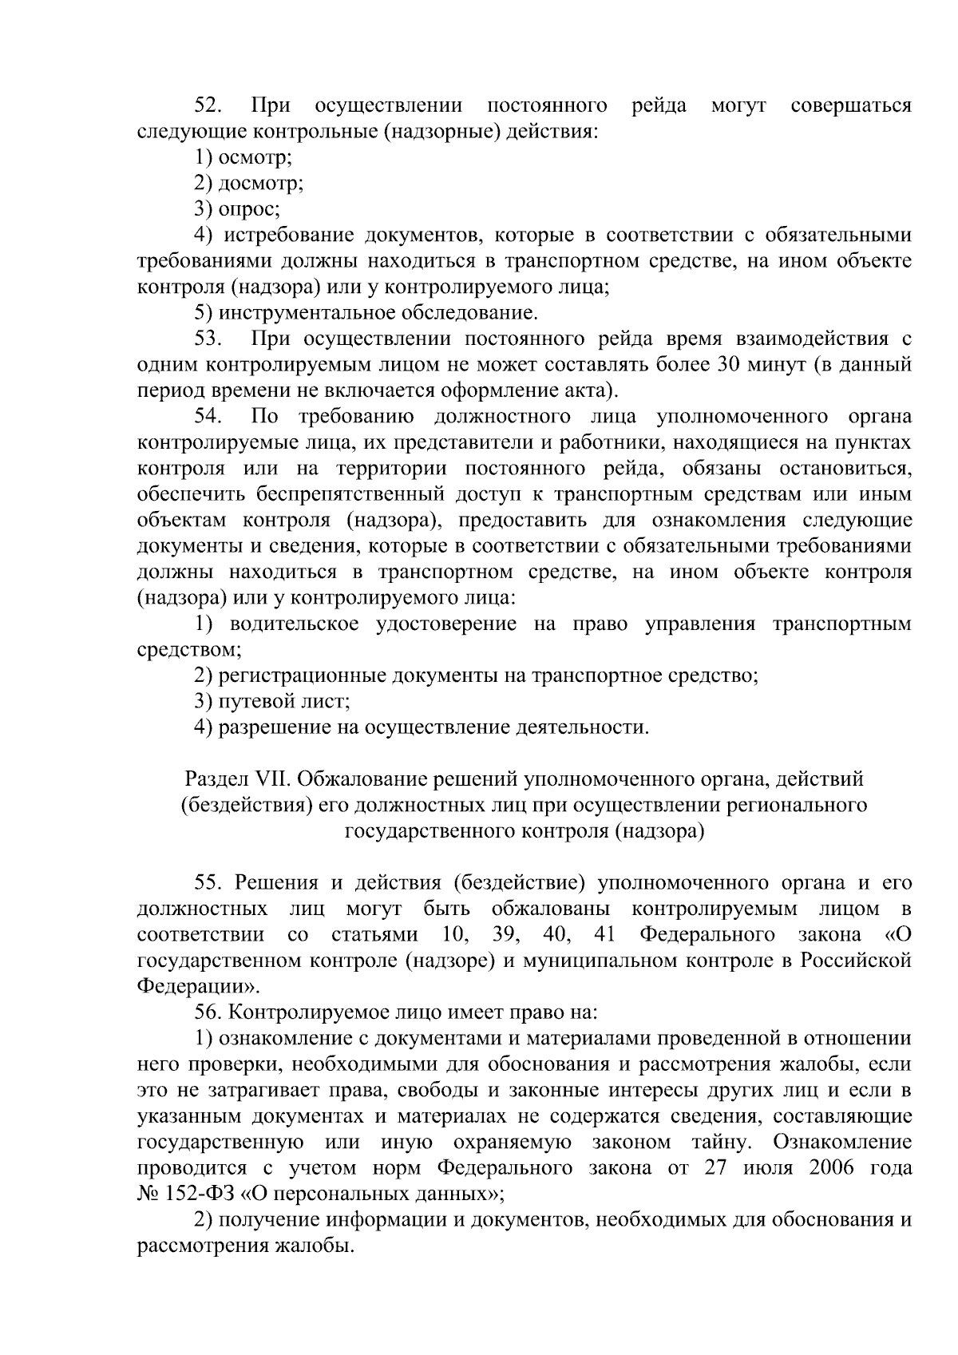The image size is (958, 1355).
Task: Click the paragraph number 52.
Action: [x=210, y=105]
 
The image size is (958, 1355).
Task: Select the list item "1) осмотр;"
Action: [x=244, y=158]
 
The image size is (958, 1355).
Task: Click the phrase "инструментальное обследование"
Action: [x=378, y=313]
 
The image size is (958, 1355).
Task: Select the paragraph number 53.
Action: [x=209, y=339]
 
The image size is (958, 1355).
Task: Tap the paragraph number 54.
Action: [x=209, y=417]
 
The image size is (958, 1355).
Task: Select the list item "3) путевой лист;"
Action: [x=272, y=701]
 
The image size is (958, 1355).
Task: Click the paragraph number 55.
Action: [x=209, y=882]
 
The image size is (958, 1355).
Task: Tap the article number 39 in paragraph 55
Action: [x=507, y=934]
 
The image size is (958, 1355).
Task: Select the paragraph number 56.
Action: [x=209, y=1012]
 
